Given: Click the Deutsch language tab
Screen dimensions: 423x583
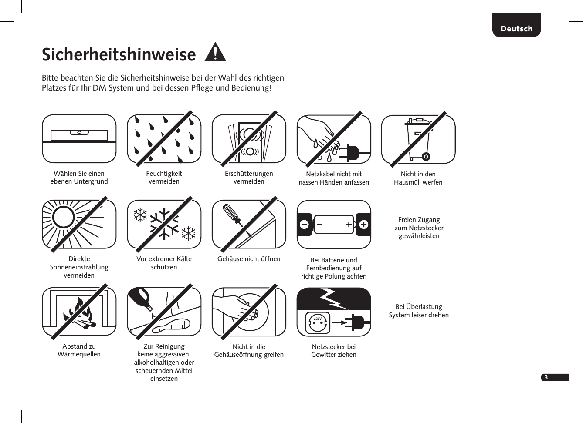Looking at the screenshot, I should click(x=516, y=28).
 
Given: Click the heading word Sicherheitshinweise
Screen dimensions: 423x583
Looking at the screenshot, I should click(x=119, y=55).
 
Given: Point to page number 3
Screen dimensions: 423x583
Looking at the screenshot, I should click(x=546, y=377).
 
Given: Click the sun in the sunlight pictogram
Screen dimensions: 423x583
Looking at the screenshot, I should click(x=64, y=216).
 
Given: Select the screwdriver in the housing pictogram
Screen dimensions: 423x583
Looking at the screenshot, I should click(x=231, y=215).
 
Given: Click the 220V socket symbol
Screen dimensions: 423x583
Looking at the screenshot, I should click(x=318, y=323).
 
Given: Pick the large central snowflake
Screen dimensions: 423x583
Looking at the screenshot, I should click(x=164, y=224).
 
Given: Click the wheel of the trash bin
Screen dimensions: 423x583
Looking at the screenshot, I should click(x=426, y=156).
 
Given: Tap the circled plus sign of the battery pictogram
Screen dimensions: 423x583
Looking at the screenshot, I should click(x=363, y=225).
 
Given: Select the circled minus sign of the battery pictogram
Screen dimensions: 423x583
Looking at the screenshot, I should click(x=304, y=225).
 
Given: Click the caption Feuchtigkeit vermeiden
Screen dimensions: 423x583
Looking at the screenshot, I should click(x=164, y=178).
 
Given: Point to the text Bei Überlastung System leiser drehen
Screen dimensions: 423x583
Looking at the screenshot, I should click(x=418, y=311).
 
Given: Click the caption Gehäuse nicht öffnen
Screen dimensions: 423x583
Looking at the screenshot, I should click(x=249, y=259).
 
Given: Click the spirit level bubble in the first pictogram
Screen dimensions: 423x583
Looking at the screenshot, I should click(x=79, y=132).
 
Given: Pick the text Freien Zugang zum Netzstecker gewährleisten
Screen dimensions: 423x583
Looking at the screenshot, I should click(x=419, y=228).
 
